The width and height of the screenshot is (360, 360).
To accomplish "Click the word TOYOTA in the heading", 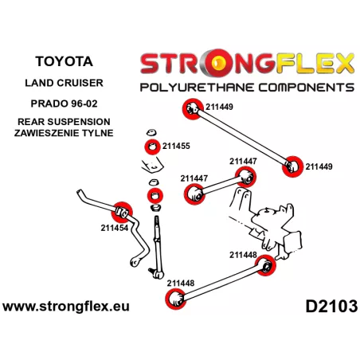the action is (x=64, y=61).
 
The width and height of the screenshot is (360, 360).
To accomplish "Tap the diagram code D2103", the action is (x=331, y=306).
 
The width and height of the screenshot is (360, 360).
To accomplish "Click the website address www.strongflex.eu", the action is (x=66, y=306).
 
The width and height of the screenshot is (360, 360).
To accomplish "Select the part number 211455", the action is (x=176, y=146).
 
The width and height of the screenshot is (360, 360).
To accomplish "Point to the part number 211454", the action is (x=115, y=228).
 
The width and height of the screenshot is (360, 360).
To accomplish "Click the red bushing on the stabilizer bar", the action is (x=123, y=212).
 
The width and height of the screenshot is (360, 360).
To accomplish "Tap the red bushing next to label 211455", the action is (x=152, y=147).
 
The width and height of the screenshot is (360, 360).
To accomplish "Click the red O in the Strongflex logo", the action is (x=217, y=63).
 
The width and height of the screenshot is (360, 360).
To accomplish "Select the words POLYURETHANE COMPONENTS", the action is (x=247, y=88).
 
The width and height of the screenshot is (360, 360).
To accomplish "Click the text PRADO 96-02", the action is (x=64, y=104).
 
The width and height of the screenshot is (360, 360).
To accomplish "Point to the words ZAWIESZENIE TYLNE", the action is (x=64, y=133).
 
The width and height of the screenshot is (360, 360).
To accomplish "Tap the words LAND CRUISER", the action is (x=64, y=83).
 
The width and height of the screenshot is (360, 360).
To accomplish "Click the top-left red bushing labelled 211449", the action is (x=193, y=109).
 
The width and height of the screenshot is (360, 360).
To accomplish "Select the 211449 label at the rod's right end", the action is (x=319, y=166).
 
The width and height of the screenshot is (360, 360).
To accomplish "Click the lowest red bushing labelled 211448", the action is (x=175, y=299).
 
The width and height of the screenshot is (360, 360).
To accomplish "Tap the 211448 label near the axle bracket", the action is (x=243, y=255).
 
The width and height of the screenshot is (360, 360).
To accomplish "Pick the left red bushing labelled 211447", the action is (x=194, y=194).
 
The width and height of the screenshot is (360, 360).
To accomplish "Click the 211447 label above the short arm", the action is (x=243, y=161).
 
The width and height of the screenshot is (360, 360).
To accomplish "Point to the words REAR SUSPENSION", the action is (x=64, y=122).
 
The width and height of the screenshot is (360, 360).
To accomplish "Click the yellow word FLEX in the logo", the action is (x=315, y=63).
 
